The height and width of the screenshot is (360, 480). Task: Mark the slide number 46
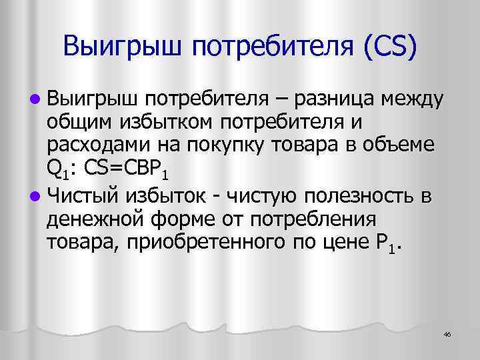(x=447, y=334)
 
